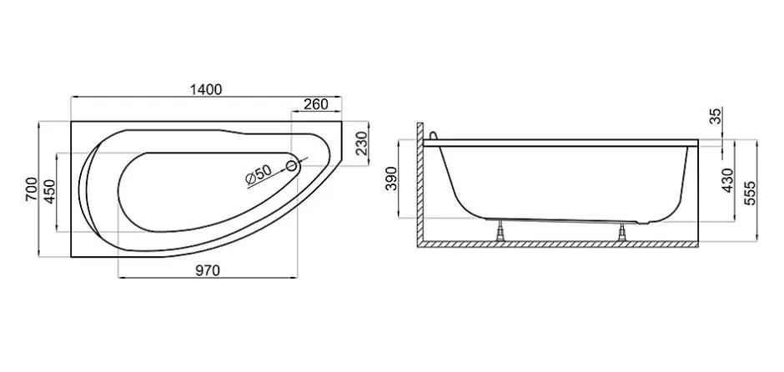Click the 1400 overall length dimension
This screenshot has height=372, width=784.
click(x=206, y=89)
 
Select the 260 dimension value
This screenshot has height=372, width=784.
click(x=316, y=104)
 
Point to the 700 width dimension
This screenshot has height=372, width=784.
click(x=31, y=189)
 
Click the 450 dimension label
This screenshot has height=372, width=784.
click(x=50, y=192)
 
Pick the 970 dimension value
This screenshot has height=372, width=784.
click(x=208, y=270)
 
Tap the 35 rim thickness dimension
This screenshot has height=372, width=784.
click(x=716, y=116)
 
